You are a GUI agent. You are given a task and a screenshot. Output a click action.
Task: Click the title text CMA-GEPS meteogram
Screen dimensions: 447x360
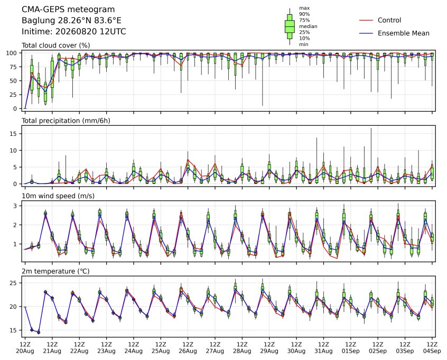pos(68,10)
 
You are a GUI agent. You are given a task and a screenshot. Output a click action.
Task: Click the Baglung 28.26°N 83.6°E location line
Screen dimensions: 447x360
pos(71,21)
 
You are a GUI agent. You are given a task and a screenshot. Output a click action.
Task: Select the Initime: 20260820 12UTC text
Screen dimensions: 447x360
pos(74,31)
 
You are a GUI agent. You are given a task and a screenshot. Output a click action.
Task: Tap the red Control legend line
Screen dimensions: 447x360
pos(366,20)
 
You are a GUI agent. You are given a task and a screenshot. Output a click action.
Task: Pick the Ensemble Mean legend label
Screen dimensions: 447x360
pos(403,33)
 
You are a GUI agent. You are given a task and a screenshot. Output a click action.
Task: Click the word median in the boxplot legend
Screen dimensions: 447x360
pos(308,26)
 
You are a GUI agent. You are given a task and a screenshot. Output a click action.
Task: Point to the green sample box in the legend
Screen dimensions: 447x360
pos(290,26)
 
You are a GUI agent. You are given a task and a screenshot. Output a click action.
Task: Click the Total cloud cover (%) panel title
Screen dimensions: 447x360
pos(56,45)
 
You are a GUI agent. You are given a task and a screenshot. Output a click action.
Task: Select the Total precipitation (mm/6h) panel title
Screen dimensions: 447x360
pos(66,121)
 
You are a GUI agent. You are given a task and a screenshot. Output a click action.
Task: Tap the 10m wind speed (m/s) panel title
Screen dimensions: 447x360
pos(58,196)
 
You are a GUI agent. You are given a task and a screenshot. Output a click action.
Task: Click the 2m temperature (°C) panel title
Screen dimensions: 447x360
pos(55,271)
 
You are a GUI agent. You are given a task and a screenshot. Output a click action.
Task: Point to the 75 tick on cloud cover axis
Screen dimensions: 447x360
pos(13,67)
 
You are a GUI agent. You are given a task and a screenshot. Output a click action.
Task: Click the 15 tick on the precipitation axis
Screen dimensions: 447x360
pos(13,134)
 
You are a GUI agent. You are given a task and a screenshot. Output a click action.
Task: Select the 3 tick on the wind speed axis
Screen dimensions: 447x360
pos(15,206)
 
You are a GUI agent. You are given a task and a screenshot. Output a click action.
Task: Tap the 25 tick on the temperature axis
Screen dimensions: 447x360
pos(13,283)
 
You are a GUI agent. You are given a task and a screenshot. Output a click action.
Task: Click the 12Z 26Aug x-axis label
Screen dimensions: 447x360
pos(188,348)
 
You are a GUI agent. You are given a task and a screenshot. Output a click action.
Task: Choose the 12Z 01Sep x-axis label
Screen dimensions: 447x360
pos(351,348)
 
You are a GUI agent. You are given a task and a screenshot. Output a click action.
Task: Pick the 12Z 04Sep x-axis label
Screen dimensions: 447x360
pos(432,348)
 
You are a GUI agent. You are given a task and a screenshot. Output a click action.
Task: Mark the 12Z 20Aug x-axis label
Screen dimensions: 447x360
pos(25,348)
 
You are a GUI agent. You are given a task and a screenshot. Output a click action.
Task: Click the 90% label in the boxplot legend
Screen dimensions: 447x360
pos(304,14)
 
